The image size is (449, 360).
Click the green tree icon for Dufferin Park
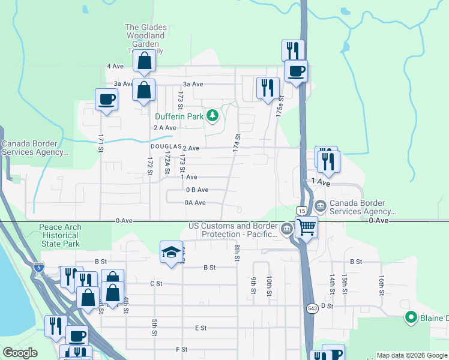pyautogui.click(x=211, y=115)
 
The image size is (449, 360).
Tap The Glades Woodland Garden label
pyautogui.click(x=145, y=35)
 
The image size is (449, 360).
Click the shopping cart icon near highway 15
pyautogui.click(x=306, y=227)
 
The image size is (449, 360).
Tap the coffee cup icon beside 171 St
pyautogui.click(x=106, y=99)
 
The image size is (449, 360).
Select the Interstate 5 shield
pyautogui.click(x=38, y=268)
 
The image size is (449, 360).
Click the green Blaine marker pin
pyautogui.click(x=411, y=317)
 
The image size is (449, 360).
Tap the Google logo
pyautogui.click(x=20, y=352)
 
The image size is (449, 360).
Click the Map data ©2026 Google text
pyautogui.click(x=411, y=355)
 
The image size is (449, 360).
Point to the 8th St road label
pyautogui.click(x=237, y=253)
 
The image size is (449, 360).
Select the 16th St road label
pyautogui.click(x=381, y=283)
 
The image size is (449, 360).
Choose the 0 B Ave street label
pyautogui.click(x=197, y=190)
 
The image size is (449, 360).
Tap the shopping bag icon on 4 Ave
pyautogui.click(x=145, y=61)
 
